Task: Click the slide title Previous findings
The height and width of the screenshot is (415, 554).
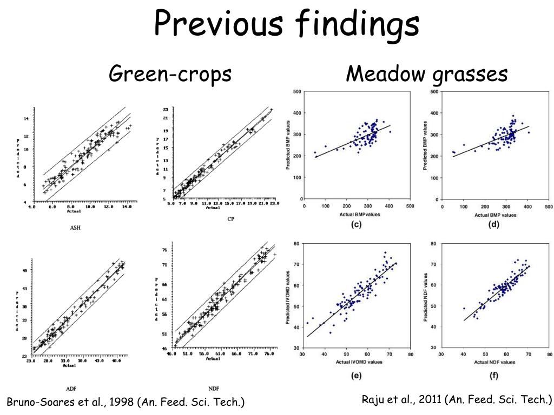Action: pyautogui.click(x=287, y=24)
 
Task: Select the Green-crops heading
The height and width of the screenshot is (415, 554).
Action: pyautogui.click(x=170, y=73)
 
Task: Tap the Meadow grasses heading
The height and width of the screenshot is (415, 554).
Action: pyautogui.click(x=427, y=73)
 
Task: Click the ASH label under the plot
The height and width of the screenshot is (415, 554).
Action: pyautogui.click(x=75, y=227)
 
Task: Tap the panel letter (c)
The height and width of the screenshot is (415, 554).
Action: pyautogui.click(x=356, y=224)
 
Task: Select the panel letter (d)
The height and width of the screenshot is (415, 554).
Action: pyautogui.click(x=493, y=224)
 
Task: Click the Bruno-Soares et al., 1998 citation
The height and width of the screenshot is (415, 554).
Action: pyautogui.click(x=126, y=402)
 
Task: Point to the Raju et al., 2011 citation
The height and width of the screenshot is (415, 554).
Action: pyautogui.click(x=457, y=400)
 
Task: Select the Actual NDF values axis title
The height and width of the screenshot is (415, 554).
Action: pyautogui.click(x=494, y=362)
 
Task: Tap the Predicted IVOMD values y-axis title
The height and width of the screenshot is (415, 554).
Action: pyautogui.click(x=288, y=296)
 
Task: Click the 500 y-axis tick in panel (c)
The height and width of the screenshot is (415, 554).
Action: pyautogui.click(x=297, y=92)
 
